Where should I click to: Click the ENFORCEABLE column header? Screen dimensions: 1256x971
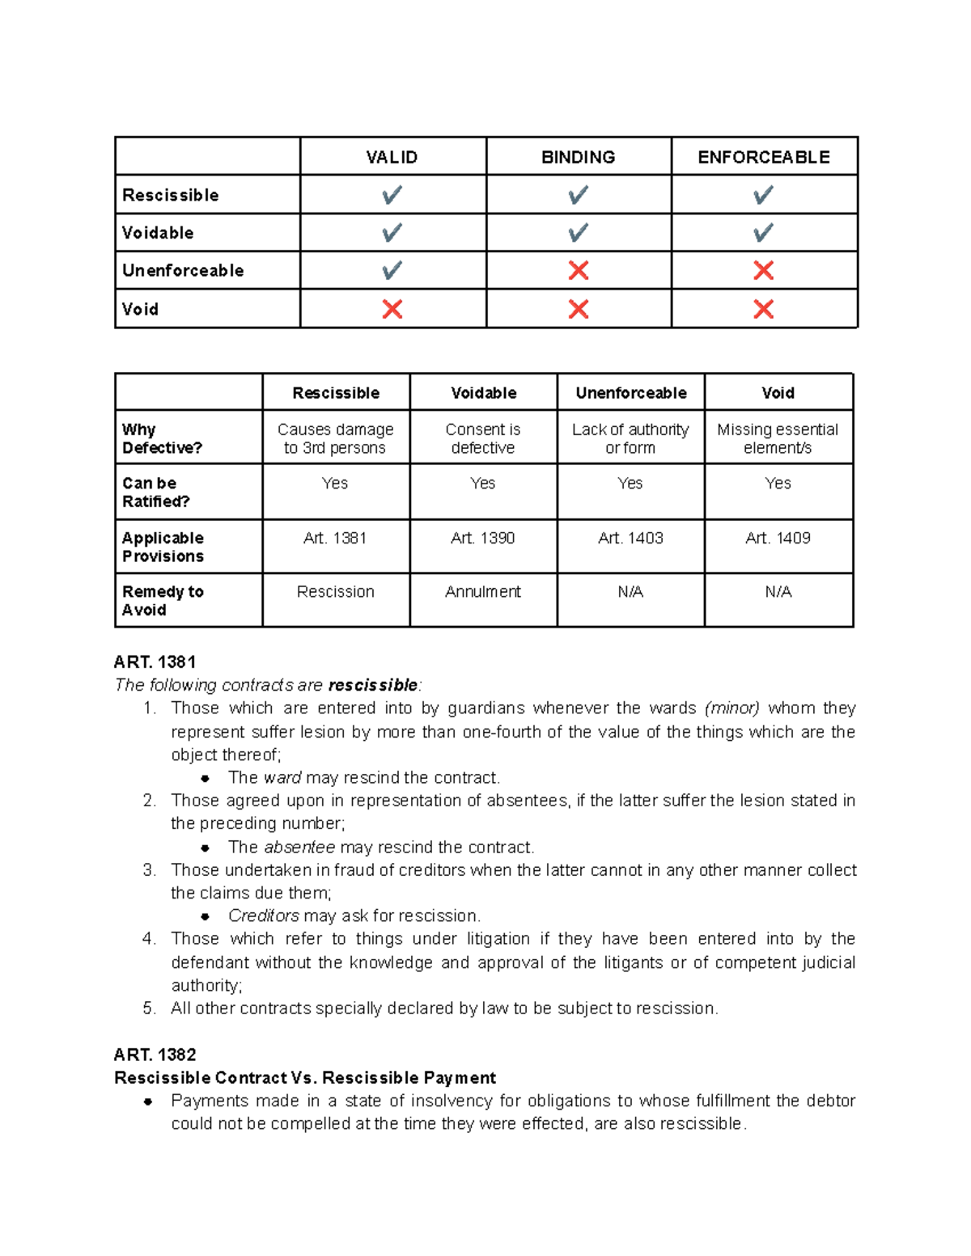tap(763, 157)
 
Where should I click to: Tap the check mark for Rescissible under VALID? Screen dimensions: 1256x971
tap(392, 195)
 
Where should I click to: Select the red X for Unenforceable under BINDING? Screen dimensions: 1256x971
tap(578, 270)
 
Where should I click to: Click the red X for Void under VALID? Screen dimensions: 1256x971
tap(392, 309)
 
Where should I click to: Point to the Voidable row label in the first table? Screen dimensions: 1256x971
tap(158, 233)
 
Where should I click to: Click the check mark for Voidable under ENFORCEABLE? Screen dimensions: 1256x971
tap(763, 233)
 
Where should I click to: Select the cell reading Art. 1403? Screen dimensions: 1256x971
tap(630, 538)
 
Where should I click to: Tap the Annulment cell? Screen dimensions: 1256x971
tap(483, 591)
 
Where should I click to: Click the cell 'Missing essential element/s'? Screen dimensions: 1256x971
tap(778, 438)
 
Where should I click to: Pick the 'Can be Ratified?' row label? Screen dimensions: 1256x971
tap(155, 492)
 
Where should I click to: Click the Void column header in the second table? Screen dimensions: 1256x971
tap(778, 393)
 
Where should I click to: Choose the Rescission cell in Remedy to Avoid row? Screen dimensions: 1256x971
tap(335, 591)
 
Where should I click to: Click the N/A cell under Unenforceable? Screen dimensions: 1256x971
tap(630, 591)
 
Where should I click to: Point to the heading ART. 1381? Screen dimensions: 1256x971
tap(155, 662)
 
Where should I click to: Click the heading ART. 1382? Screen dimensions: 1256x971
tap(155, 1055)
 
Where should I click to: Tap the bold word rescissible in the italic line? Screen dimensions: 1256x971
tap(372, 685)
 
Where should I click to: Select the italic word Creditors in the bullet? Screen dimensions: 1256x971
tap(264, 916)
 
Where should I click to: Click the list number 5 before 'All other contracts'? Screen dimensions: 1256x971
tap(148, 1009)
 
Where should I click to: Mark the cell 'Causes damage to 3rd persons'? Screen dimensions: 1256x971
tap(335, 438)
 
